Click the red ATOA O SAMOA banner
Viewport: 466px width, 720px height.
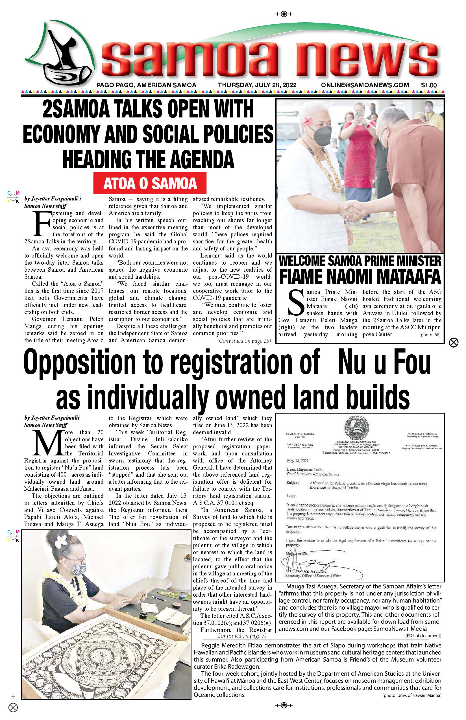(150, 183)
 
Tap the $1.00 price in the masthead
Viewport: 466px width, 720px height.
(429, 85)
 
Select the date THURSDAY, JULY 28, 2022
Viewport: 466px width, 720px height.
(257, 85)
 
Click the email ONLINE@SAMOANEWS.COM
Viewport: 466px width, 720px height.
(365, 85)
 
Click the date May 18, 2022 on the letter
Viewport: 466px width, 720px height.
(298, 461)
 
